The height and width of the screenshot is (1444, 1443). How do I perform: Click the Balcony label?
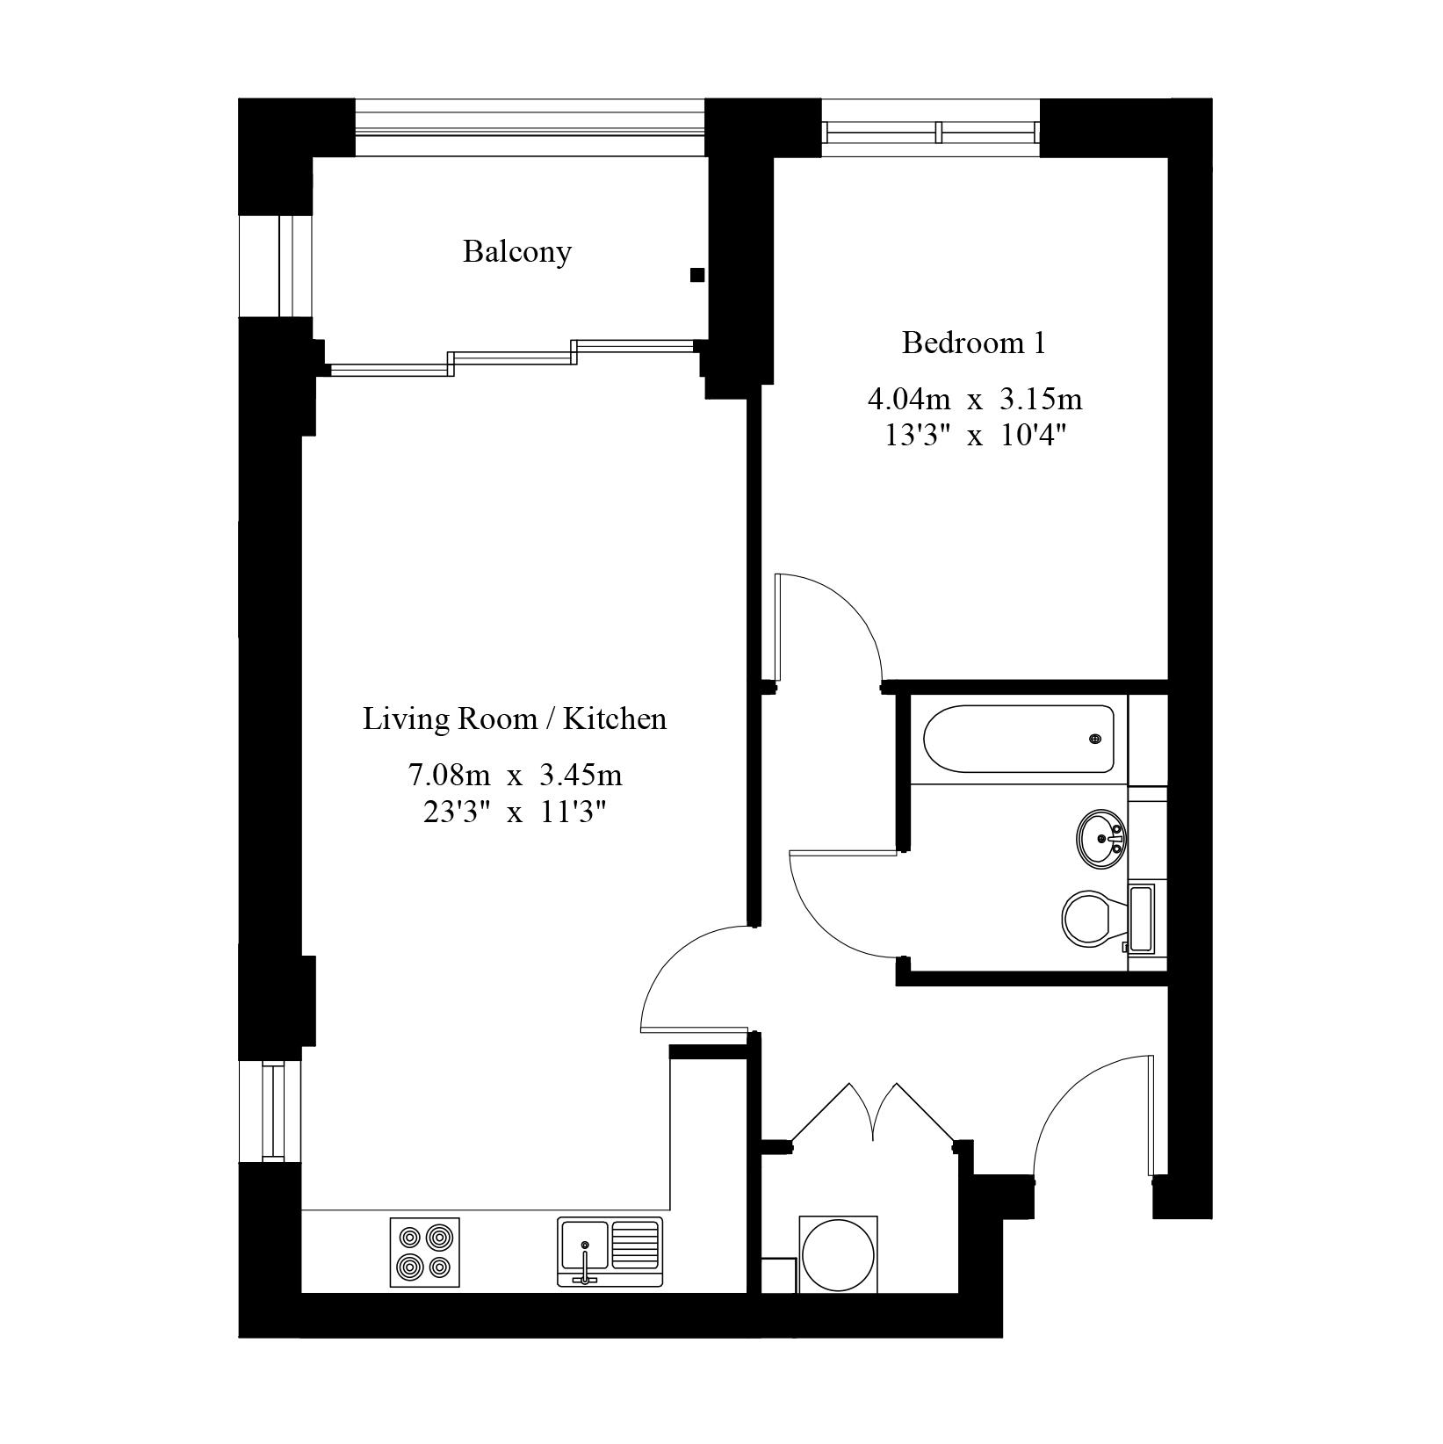coord(517,252)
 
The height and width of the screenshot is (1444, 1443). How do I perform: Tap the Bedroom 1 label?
coord(973,343)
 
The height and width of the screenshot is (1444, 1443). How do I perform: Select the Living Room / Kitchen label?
coord(515,719)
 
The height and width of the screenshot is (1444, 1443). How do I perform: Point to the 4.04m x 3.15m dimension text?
coord(975,400)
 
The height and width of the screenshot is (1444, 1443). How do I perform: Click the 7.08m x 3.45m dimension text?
coord(515,776)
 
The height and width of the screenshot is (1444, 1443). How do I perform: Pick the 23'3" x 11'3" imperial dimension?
coord(515,813)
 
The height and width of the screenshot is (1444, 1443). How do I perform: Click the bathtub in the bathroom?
coord(1018,740)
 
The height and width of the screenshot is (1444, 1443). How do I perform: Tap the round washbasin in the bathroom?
coord(1100,840)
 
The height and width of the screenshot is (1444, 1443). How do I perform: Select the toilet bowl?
coord(1089,920)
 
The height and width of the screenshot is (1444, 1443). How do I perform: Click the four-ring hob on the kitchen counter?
coord(424,1252)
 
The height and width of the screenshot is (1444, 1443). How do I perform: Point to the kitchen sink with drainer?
coord(610,1253)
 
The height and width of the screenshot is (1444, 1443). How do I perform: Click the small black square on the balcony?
coord(697,276)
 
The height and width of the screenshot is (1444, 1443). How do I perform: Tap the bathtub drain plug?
coord(1095,740)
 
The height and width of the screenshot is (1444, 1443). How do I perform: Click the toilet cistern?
coord(1140,920)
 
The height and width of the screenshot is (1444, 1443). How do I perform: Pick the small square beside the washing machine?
coord(778,1274)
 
